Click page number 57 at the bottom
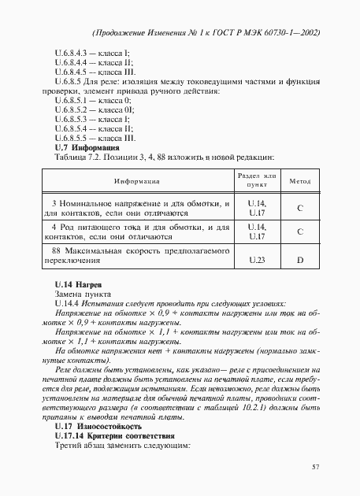pos(315,467)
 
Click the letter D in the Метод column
pos(300,259)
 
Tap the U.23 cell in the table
pos(257,259)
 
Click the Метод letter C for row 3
pos(300,209)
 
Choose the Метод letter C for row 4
pos(300,231)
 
